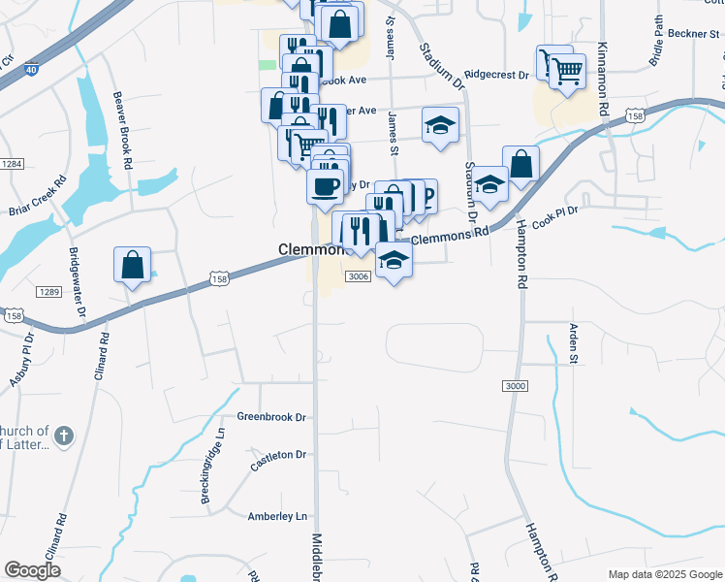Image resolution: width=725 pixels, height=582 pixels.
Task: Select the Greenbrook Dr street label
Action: tap(271, 417)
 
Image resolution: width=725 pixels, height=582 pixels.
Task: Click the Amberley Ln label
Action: tap(277, 516)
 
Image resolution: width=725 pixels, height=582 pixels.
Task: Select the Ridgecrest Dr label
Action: tap(496, 74)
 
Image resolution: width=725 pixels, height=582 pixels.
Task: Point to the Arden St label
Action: tap(573, 343)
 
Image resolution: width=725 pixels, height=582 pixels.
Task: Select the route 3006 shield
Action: tap(358, 276)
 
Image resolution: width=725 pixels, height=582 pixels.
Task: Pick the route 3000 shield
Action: tap(516, 386)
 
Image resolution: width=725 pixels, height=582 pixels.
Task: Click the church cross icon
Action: tap(64, 435)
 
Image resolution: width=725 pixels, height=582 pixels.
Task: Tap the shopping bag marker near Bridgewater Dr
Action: tap(131, 265)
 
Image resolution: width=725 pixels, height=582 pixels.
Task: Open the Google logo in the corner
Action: tap(32, 570)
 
